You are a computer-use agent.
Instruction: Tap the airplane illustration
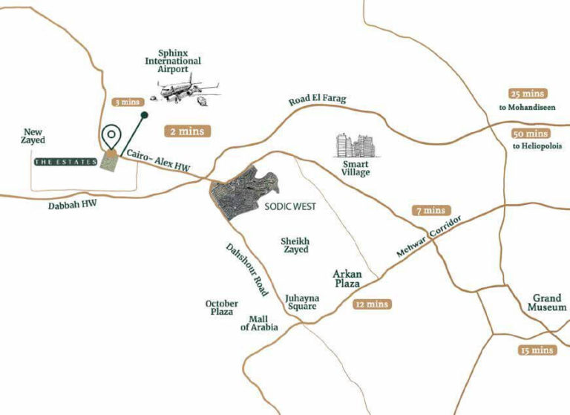186,88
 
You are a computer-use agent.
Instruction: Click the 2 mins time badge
188,131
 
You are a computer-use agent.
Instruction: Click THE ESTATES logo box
65,160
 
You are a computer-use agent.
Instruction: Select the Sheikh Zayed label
295,245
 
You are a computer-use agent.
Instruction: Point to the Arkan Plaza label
347,278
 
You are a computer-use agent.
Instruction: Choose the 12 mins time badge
372,304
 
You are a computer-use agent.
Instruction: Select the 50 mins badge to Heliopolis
530,134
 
